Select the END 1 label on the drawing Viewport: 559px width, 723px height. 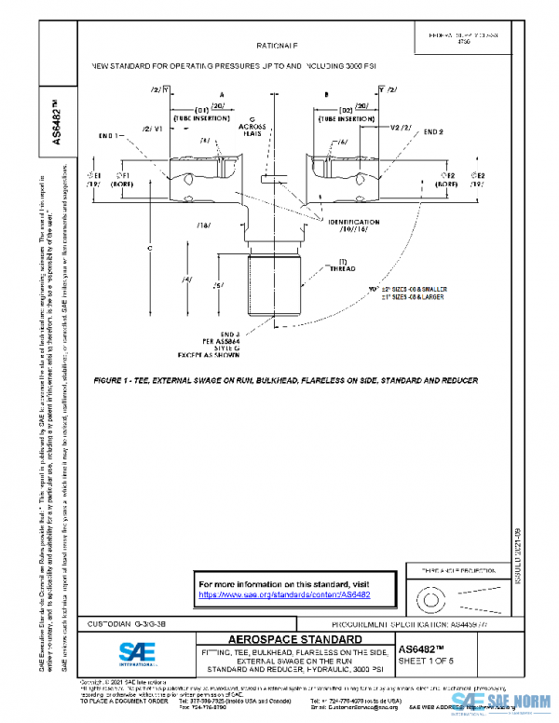pyautogui.click(x=112, y=136)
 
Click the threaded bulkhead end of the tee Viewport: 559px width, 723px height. pyautogui.click(x=276, y=291)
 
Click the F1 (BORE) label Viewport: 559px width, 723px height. pyautogui.click(x=121, y=180)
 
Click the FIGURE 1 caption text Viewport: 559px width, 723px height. pyautogui.click(x=285, y=381)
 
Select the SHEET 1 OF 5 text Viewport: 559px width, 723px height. pyautogui.click(x=430, y=662)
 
